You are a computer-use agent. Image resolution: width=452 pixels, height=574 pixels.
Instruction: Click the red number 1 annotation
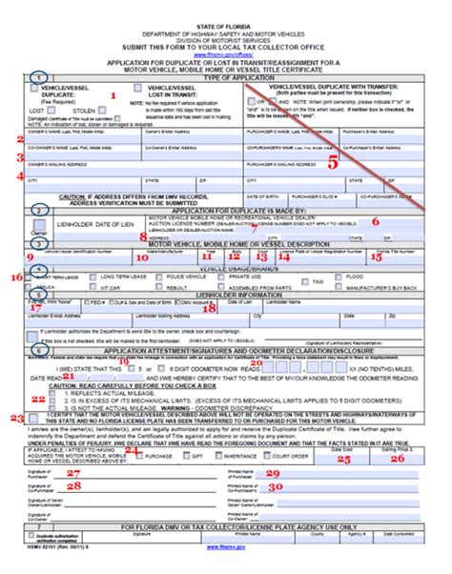click(114, 95)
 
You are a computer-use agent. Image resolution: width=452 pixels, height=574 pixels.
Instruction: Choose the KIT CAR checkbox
click(92, 285)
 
